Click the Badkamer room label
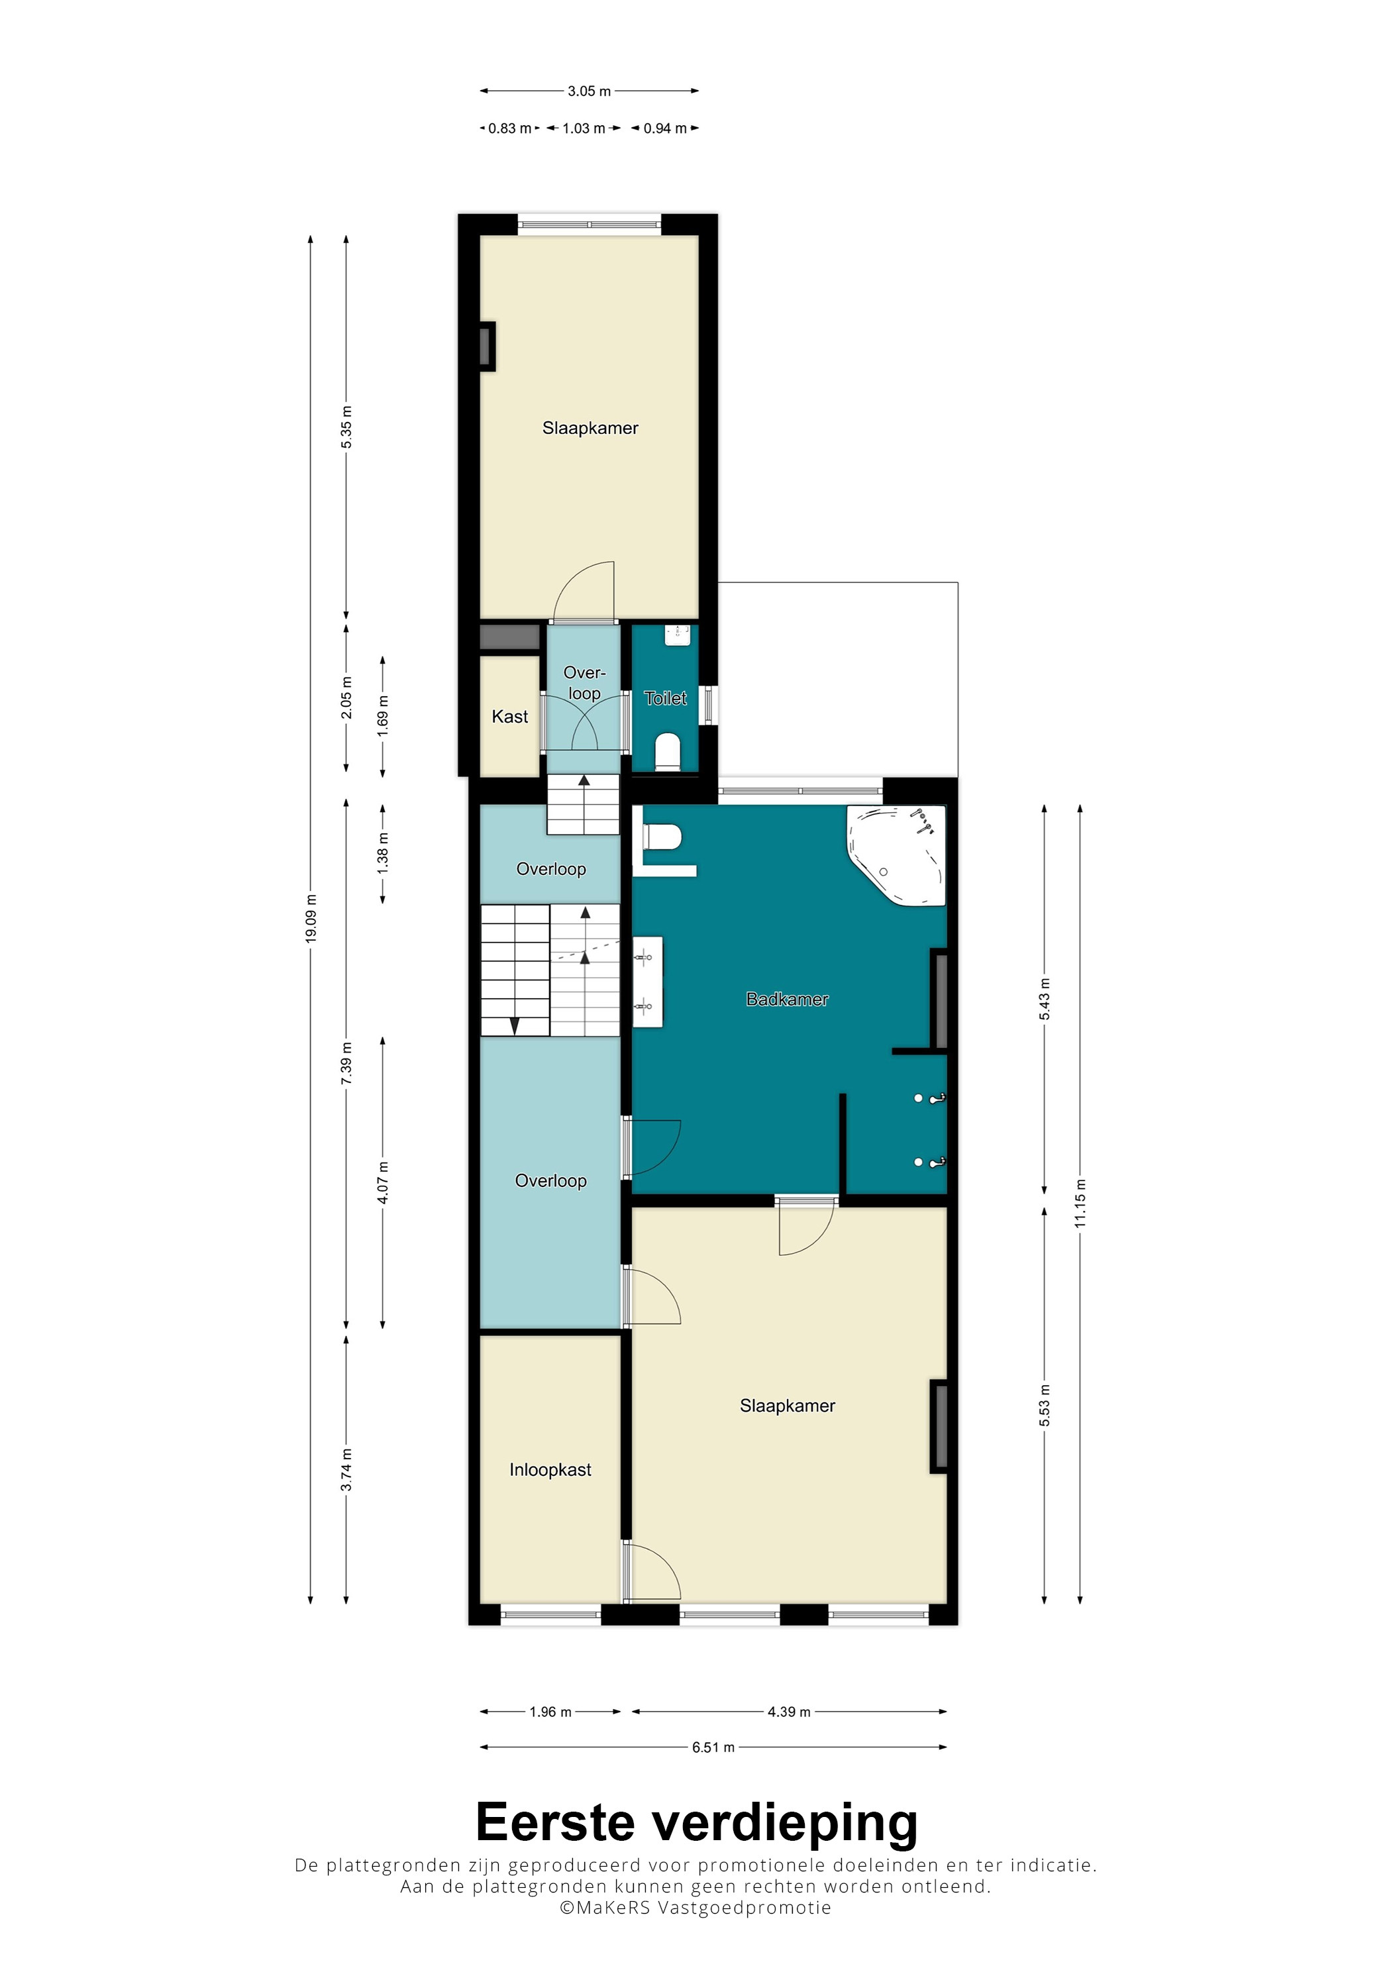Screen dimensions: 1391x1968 tap(787, 1000)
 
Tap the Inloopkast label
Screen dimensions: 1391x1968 tap(550, 1470)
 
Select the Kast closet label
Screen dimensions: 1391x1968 tap(510, 717)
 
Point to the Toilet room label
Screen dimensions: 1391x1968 tap(665, 699)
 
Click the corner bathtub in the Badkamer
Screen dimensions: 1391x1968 tap(896, 855)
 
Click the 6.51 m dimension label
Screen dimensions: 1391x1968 tap(713, 1747)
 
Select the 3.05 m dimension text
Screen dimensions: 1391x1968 tap(589, 91)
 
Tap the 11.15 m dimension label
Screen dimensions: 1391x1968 tap(1080, 1204)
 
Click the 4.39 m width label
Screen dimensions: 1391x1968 tap(788, 1712)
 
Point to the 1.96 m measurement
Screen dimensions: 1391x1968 tap(550, 1712)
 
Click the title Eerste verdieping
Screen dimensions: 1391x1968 tap(696, 1822)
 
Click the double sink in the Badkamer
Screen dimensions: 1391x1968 tap(648, 982)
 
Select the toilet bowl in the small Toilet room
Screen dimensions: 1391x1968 tap(668, 752)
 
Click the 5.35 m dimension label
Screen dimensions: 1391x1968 tap(346, 427)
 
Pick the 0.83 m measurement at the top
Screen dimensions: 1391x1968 tap(509, 129)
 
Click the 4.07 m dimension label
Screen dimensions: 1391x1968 tap(382, 1183)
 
